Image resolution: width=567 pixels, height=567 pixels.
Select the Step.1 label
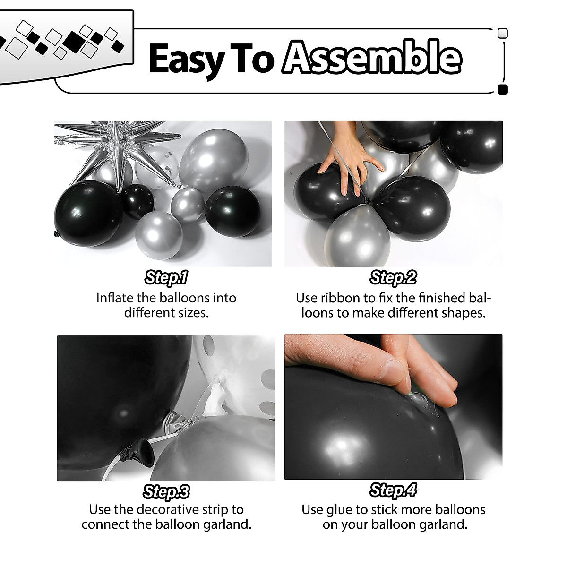pos(166,277)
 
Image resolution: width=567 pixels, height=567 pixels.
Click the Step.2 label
pos(393,277)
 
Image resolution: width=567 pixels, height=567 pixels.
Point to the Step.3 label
pos(166,492)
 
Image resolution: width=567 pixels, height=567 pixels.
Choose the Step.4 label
pos(393,490)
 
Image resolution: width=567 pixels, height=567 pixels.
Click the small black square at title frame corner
pos(503,90)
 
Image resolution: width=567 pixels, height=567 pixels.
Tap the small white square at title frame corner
pos(503,33)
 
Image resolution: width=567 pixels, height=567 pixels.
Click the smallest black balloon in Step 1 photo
pos(138,200)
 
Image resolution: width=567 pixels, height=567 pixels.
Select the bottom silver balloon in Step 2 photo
pos(357,236)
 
